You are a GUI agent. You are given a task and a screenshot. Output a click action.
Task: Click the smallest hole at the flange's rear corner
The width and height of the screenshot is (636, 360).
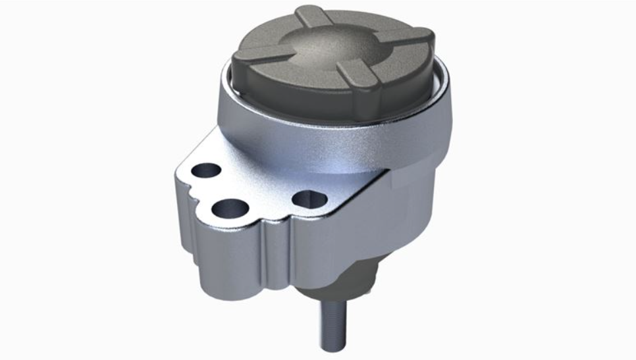208,170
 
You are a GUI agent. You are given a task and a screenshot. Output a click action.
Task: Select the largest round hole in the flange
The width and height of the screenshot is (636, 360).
230,210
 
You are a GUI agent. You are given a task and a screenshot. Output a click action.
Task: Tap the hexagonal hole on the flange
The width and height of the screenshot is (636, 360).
308,198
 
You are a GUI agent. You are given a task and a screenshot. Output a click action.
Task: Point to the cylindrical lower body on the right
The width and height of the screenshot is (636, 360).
402,224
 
